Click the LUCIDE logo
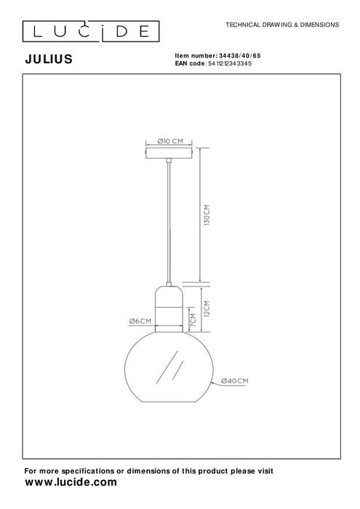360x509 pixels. [86, 31]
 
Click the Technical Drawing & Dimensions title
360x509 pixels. [283, 24]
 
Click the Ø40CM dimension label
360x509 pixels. [234, 380]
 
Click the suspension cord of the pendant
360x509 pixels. [170, 218]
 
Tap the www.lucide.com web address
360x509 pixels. [71, 481]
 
